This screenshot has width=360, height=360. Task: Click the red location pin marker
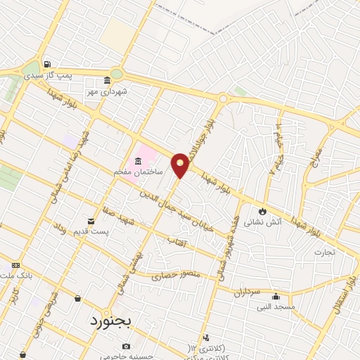181,165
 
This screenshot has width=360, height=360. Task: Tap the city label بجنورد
116,321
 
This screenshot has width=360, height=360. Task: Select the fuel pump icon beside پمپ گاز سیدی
47,62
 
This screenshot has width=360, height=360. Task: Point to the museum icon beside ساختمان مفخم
137,162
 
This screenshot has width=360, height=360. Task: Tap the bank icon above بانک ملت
15,265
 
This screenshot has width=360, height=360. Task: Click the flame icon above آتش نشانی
262,210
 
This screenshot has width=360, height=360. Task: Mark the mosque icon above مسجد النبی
275,296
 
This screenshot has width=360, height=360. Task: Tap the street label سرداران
247,291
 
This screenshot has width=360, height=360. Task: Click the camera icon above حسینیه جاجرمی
126,346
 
